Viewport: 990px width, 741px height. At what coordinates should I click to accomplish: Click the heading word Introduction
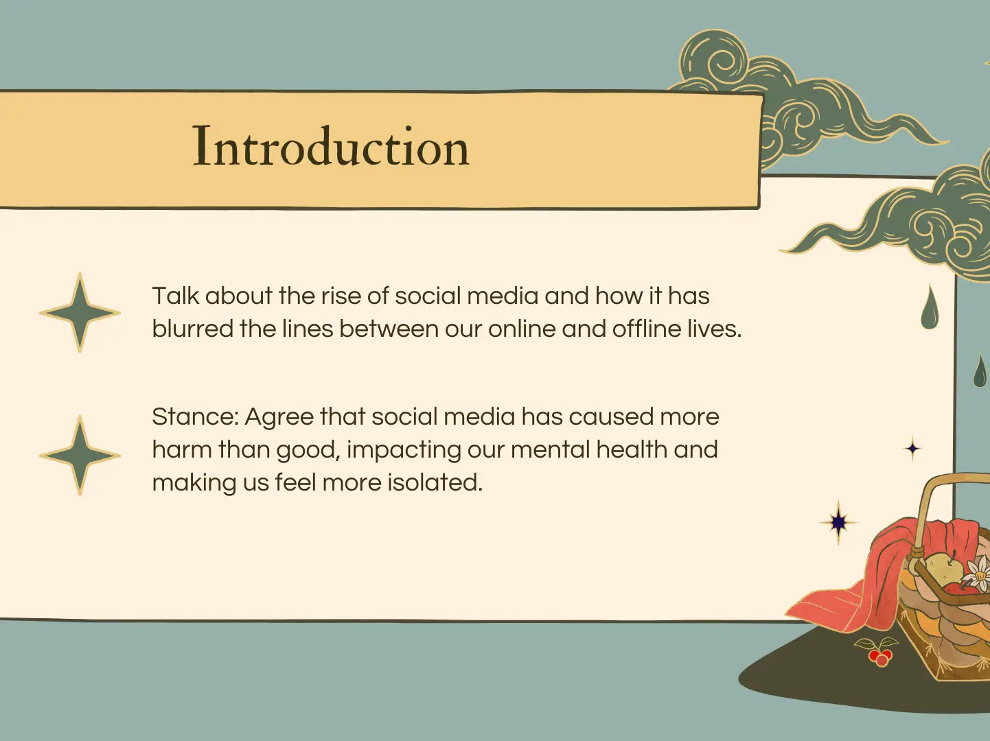click(x=332, y=146)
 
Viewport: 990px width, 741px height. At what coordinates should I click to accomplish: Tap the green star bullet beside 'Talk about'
click(x=80, y=312)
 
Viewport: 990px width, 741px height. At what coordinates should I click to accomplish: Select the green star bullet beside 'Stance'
click(x=80, y=456)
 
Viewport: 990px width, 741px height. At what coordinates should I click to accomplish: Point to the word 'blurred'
click(x=193, y=329)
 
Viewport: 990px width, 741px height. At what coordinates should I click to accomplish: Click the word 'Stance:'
click(x=195, y=416)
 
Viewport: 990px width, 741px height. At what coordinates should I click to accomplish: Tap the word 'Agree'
click(x=279, y=417)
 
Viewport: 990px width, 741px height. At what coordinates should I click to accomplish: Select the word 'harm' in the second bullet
click(x=182, y=449)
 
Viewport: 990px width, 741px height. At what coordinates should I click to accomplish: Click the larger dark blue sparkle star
click(x=838, y=523)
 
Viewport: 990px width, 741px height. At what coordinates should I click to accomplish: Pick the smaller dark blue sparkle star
click(x=912, y=448)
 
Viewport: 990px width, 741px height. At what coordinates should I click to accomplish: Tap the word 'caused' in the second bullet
click(x=611, y=416)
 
